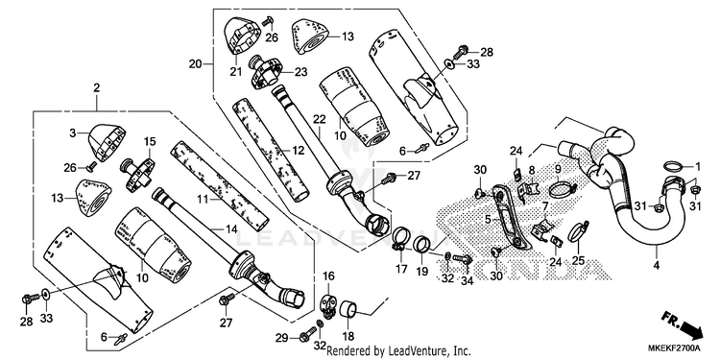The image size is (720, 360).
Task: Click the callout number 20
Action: [195, 63]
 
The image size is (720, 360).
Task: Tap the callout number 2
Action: [96, 87]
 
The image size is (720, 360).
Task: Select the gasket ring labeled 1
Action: [672, 166]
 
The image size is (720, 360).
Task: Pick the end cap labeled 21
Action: [241, 35]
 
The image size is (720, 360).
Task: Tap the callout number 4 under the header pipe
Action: [657, 265]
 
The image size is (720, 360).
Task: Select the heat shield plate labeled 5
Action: [510, 216]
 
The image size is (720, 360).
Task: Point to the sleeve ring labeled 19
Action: [421, 244]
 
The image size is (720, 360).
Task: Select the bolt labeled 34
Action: [463, 259]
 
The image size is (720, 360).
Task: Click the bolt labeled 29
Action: [308, 334]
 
